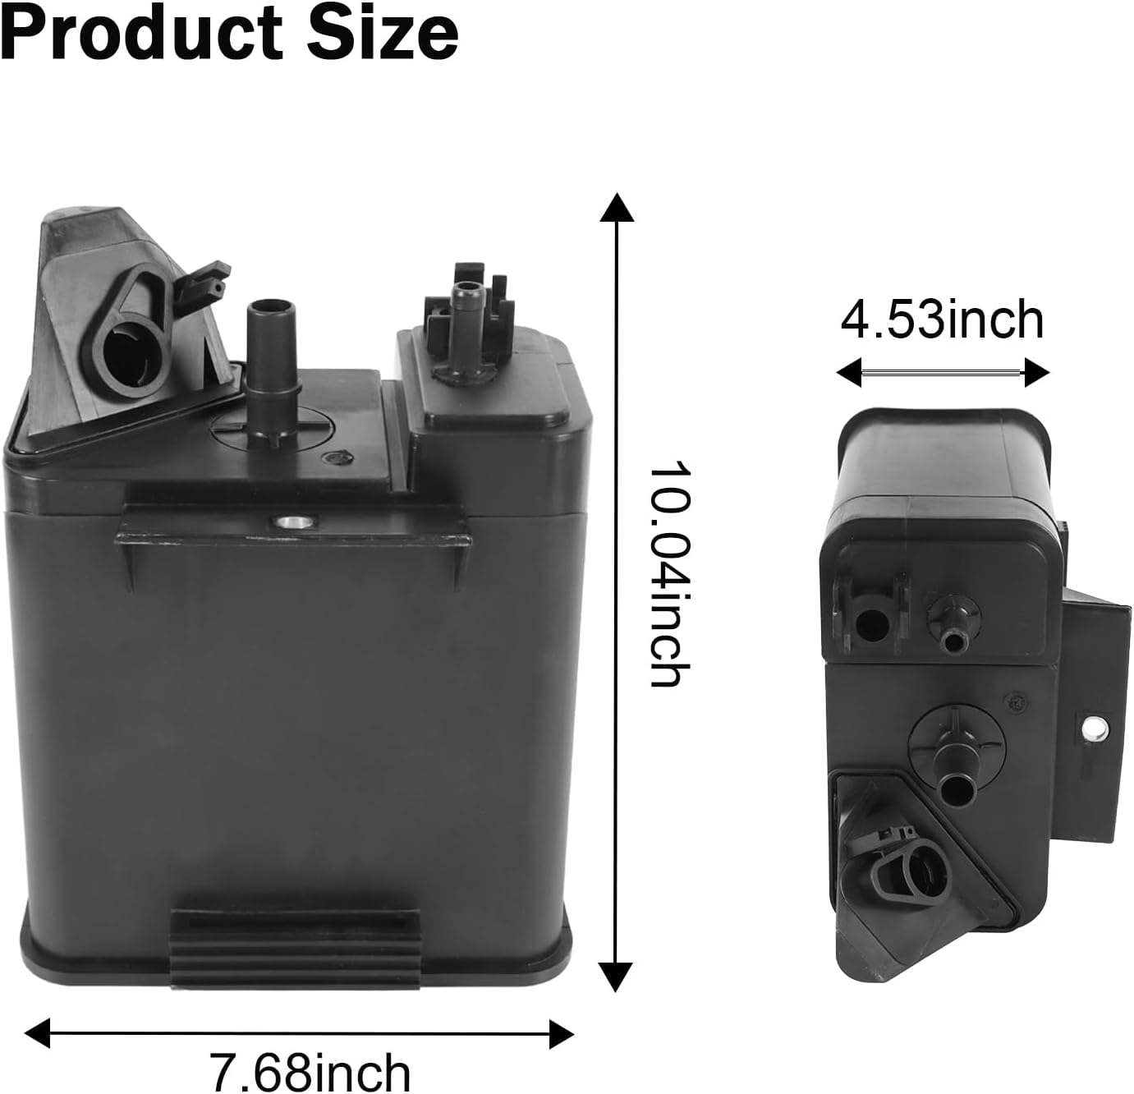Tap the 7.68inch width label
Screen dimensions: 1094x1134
310,1071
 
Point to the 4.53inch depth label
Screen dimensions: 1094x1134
942,320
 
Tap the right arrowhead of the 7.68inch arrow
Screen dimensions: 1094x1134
561,1032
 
